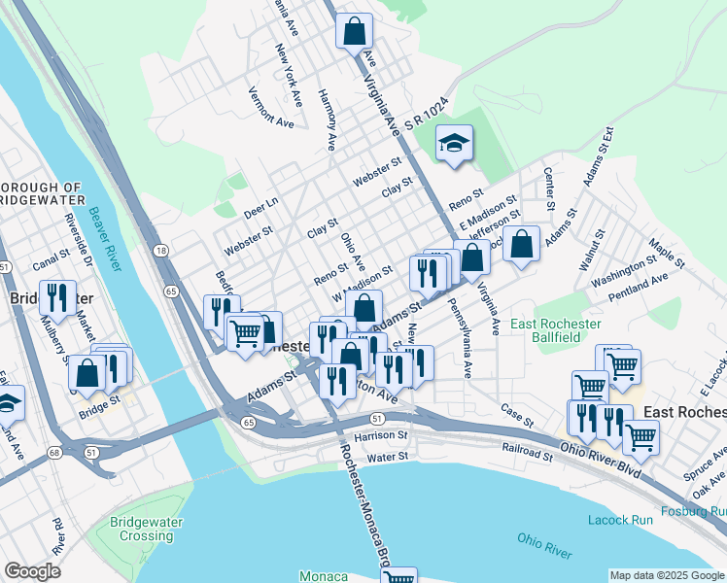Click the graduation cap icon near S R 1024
(x=454, y=146)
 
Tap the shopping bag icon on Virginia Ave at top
(x=354, y=31)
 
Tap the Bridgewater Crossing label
(x=141, y=530)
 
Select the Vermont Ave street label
(x=270, y=108)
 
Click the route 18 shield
(x=160, y=251)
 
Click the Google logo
(x=32, y=571)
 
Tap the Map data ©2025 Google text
(x=666, y=575)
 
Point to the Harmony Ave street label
(x=327, y=120)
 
